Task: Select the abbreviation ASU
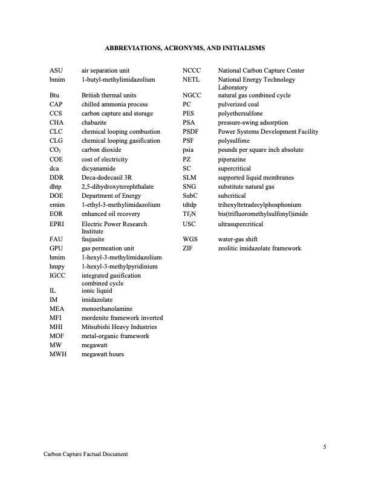56,71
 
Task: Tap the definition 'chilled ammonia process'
112,105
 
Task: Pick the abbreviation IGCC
57,276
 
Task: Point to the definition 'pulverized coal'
238,105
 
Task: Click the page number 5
325,447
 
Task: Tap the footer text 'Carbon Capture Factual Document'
86,454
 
